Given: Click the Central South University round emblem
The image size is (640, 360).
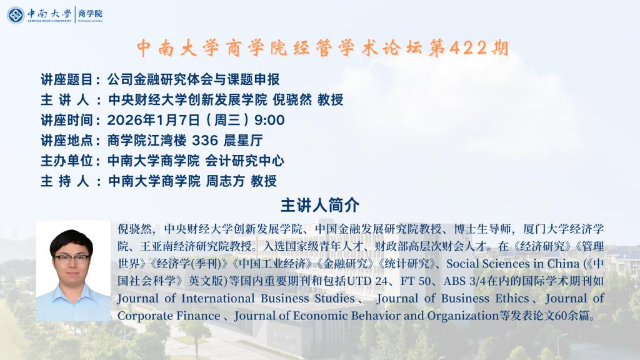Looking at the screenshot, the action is pyautogui.click(x=16, y=15).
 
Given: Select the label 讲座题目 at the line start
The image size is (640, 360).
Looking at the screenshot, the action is pyautogui.click(x=66, y=79).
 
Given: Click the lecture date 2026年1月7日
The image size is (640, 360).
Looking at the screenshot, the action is pyautogui.click(x=154, y=120).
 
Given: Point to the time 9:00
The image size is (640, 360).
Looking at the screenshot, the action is pyautogui.click(x=269, y=120).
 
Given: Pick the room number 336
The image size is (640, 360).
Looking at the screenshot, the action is pyautogui.click(x=205, y=141).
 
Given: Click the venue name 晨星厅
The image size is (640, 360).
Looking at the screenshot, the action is pyautogui.click(x=243, y=141).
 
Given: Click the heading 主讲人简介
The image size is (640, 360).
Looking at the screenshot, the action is pyautogui.click(x=320, y=205).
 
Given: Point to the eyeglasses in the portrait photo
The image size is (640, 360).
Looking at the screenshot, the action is pyautogui.click(x=72, y=258).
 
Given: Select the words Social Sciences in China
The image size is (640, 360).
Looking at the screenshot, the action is pyautogui.click(x=512, y=264).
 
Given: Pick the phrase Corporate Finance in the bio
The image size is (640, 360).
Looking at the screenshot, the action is pyautogui.click(x=169, y=316).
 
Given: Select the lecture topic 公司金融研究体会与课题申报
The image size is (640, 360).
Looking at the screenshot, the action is pyautogui.click(x=194, y=79).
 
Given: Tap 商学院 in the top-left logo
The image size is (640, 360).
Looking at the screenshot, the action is pyautogui.click(x=90, y=14).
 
